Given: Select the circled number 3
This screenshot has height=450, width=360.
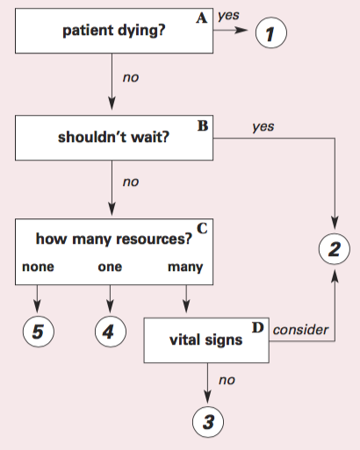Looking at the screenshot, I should [x=208, y=422].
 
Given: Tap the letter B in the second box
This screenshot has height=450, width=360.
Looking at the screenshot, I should [x=203, y=125].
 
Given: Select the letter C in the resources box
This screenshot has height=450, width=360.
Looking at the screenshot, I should [x=201, y=229].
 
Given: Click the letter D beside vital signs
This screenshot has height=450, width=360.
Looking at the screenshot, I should [x=258, y=327].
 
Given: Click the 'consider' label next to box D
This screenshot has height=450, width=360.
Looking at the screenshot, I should [x=301, y=330].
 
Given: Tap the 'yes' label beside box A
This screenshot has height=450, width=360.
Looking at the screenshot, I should [x=228, y=15].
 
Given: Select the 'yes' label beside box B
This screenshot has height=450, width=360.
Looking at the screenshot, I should [x=263, y=127].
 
